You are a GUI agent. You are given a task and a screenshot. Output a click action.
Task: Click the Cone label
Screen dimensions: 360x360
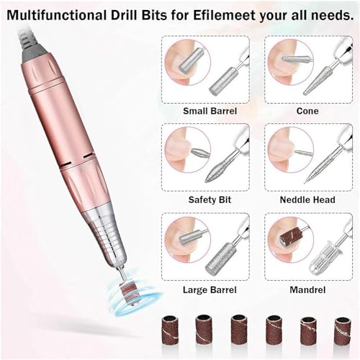tap(308, 111)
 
